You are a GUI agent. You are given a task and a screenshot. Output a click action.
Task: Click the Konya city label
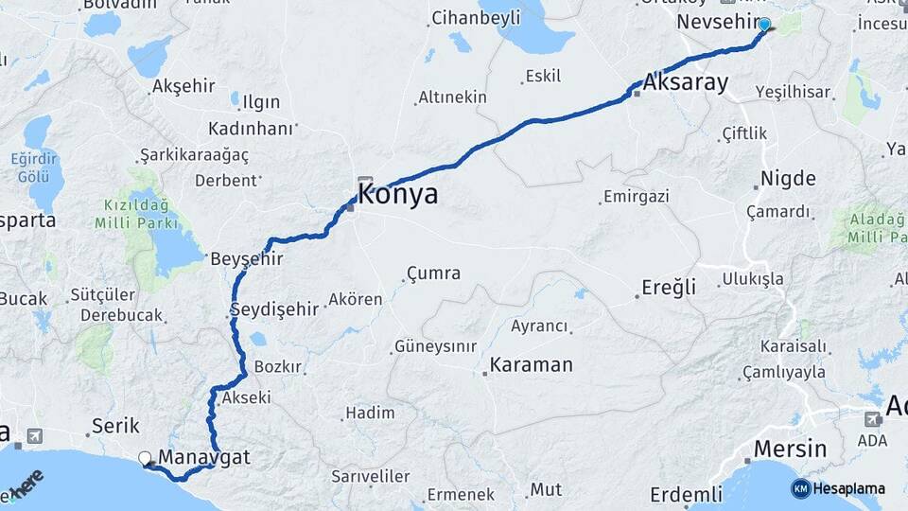[x=398, y=195]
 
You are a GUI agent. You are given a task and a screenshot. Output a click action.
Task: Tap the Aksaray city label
[x=685, y=83]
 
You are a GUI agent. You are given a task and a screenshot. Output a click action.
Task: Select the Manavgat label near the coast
[x=203, y=457]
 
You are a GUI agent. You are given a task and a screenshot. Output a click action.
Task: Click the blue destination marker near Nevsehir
[x=764, y=26]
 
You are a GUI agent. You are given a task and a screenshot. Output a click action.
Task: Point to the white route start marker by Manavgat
[x=145, y=458]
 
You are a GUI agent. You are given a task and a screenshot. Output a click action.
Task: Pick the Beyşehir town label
[x=246, y=258]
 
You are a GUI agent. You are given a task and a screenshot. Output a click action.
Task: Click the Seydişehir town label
[x=274, y=309]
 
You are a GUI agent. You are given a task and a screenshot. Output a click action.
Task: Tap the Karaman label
[x=531, y=364]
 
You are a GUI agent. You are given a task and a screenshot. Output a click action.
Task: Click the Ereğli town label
[x=668, y=287]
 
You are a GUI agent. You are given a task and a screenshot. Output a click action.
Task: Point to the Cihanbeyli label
[x=475, y=18]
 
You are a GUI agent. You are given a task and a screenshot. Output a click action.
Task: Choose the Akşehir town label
[x=183, y=86]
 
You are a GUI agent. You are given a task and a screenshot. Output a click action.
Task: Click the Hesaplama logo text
[x=849, y=489]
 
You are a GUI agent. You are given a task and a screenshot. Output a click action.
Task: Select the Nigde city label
[x=789, y=178]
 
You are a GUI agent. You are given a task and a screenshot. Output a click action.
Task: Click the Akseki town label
[x=245, y=398]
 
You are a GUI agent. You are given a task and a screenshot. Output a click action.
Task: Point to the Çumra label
[x=433, y=274]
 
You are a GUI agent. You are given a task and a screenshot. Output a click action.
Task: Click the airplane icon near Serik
[x=35, y=436]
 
